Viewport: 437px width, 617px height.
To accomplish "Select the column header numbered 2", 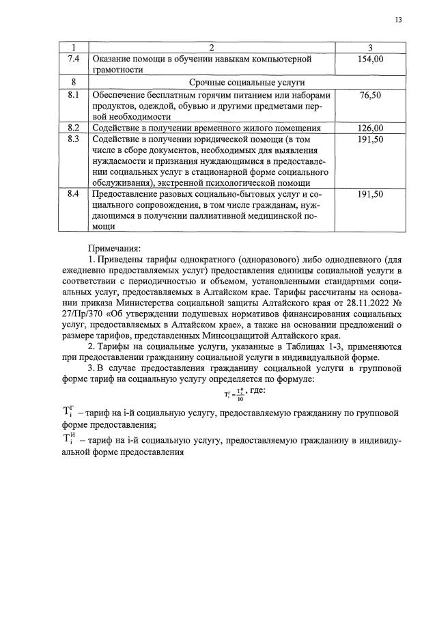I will pos(211,47).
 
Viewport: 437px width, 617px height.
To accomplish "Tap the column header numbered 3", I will pos(369,47).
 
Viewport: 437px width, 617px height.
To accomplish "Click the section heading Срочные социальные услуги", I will pos(211,82).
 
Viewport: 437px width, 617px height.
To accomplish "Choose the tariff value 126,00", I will pos(370,128).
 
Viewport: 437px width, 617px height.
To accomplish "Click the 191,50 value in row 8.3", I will pos(370,139).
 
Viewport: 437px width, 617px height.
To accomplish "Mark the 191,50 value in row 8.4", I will pos(370,195).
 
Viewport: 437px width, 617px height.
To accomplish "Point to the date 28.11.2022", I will pos(361,303).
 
